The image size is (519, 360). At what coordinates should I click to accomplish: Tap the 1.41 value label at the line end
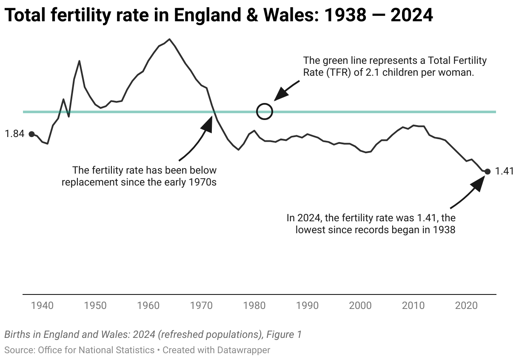point(505,171)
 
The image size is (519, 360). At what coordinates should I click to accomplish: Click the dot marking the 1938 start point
point(31,134)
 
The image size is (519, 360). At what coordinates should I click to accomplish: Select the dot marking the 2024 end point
point(488,171)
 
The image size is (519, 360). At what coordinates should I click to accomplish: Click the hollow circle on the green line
point(265,111)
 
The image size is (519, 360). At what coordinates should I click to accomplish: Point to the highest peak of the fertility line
point(170,39)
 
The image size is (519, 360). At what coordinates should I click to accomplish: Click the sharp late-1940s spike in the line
point(79,61)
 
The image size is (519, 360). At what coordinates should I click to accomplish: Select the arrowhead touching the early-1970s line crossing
point(208,123)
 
